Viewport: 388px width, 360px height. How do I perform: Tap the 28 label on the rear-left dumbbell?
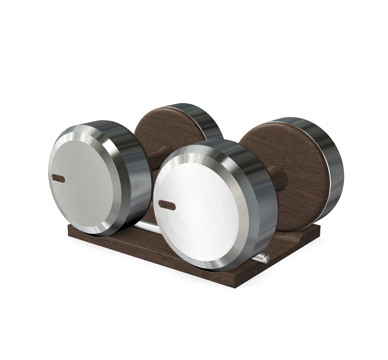pyautogui.click(x=58, y=178)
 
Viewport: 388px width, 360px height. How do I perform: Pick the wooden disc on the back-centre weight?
pyautogui.click(x=164, y=132)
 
